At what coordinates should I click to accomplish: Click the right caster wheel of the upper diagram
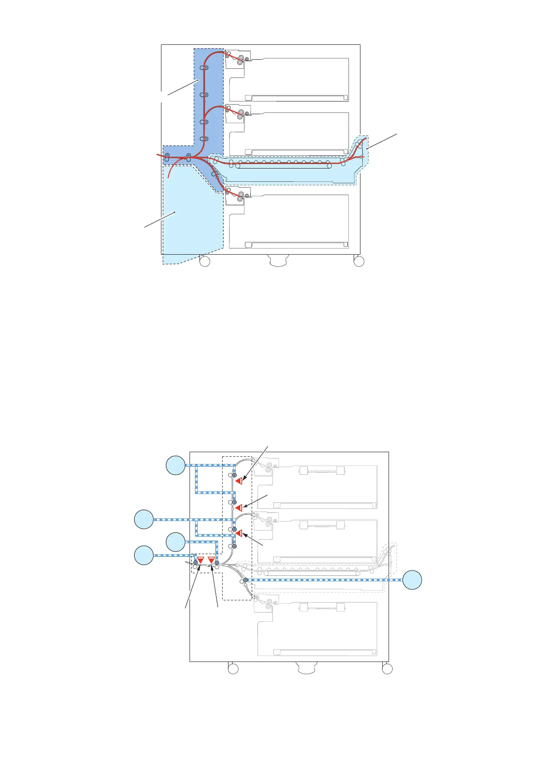tap(359, 261)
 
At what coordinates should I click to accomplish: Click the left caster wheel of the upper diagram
tap(205, 261)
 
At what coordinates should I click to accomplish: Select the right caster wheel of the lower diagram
tap(387, 669)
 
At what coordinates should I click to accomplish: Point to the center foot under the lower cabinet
tap(306, 667)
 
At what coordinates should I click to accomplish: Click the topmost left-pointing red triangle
tap(238, 481)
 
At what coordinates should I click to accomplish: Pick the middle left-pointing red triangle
tap(238, 508)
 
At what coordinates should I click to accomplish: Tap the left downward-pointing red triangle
tap(200, 560)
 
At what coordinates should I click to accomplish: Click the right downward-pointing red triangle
tap(211, 560)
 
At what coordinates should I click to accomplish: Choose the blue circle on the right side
tap(413, 580)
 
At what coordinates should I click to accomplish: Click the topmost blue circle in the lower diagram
tap(175, 465)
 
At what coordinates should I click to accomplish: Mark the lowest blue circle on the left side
tap(144, 555)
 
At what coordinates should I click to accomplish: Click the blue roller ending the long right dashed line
tap(245, 580)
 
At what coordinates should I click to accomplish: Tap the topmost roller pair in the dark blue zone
tap(204, 68)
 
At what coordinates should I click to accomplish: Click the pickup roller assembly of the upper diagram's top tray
tap(238, 58)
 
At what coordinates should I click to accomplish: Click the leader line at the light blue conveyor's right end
tap(382, 141)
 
